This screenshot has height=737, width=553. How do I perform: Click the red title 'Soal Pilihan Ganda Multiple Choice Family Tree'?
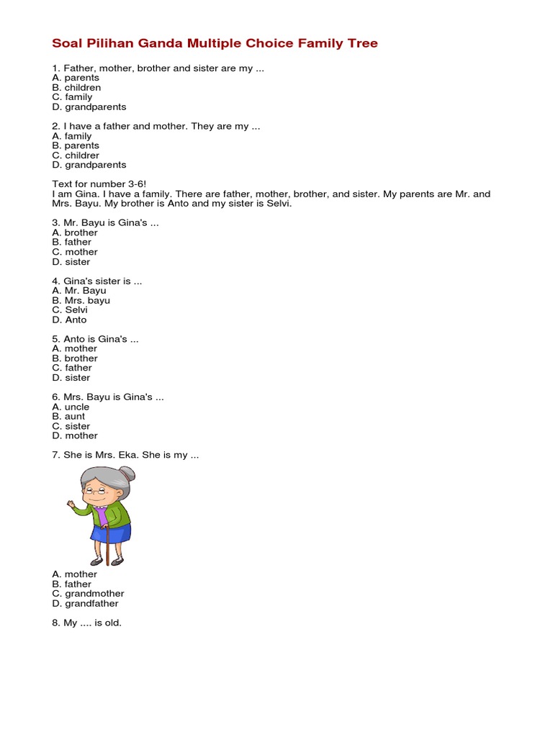(215, 43)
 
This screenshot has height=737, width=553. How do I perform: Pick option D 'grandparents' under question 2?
(89, 165)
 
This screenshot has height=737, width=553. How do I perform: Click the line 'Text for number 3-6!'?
(99, 184)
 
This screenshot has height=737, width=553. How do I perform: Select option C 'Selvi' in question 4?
(70, 310)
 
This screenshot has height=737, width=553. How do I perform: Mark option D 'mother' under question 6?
(74, 435)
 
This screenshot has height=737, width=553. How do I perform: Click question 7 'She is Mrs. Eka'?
(125, 455)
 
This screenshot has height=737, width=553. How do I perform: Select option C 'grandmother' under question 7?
(88, 594)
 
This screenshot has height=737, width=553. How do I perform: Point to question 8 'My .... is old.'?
(86, 623)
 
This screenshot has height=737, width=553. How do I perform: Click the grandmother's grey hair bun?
(128, 473)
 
